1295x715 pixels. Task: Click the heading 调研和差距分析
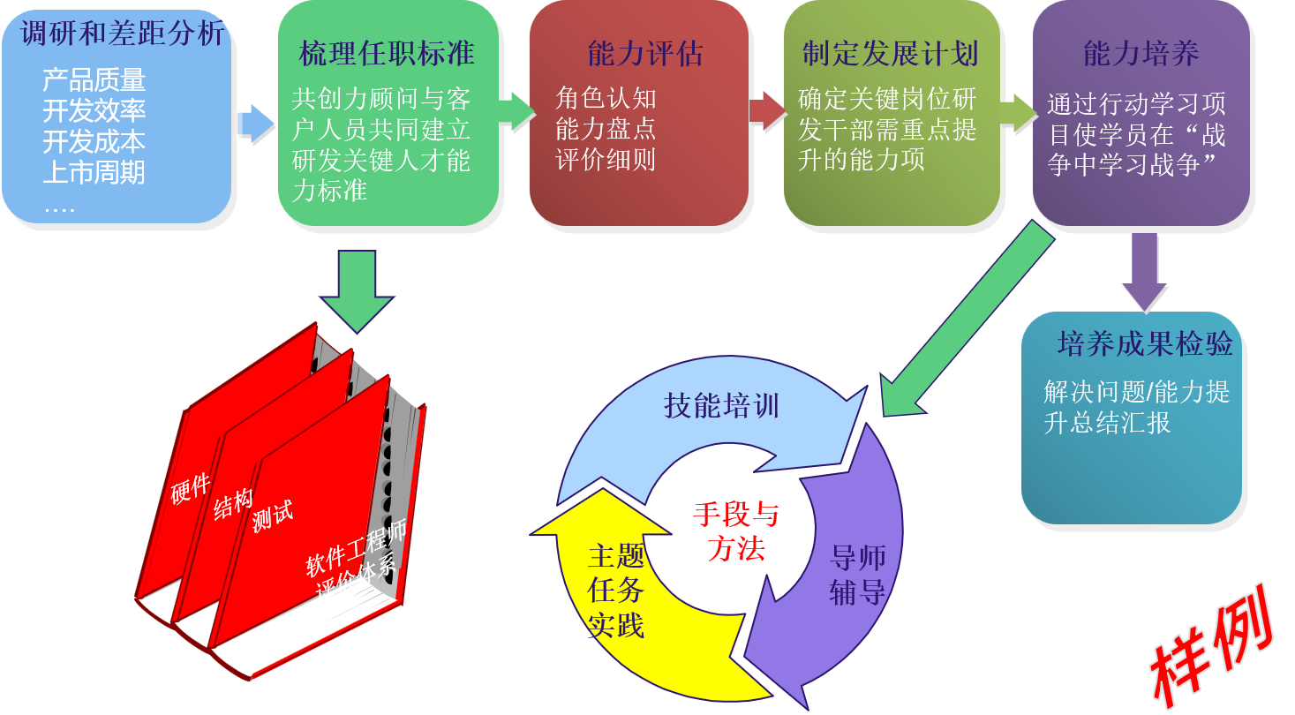coord(124,34)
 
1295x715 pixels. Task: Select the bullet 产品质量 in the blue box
coord(94,80)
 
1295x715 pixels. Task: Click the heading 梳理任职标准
coord(387,54)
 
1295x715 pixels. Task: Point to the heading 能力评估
coord(645,54)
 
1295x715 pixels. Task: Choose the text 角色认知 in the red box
coord(606,98)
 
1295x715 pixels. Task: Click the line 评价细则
coord(606,160)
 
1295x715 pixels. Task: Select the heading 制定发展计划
coord(890,54)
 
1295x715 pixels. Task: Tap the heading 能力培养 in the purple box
coord(1141,54)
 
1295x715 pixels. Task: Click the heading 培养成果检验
coord(1145,343)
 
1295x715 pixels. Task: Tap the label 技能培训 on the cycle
coord(721,406)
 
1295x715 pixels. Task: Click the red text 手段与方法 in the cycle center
coord(735,531)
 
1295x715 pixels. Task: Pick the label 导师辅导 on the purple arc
coord(857,575)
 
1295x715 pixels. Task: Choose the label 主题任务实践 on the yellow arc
coord(615,591)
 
